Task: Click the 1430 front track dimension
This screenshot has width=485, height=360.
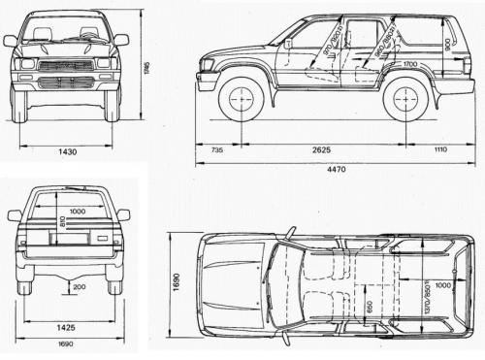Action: click(x=67, y=152)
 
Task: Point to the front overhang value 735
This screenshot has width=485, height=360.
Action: click(x=216, y=150)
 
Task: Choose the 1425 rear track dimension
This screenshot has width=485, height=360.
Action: click(x=70, y=327)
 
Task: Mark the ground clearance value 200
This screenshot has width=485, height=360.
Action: click(x=78, y=287)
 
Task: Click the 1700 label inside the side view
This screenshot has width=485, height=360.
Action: click(x=410, y=65)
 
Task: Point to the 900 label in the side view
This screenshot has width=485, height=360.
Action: click(x=446, y=44)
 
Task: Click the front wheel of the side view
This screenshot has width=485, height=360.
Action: click(x=241, y=99)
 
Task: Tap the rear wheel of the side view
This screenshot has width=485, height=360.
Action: click(x=406, y=98)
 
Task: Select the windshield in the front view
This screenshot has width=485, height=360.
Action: click(x=66, y=31)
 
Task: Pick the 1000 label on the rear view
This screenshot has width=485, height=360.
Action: click(x=71, y=212)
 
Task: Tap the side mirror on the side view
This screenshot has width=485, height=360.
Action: click(x=288, y=44)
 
